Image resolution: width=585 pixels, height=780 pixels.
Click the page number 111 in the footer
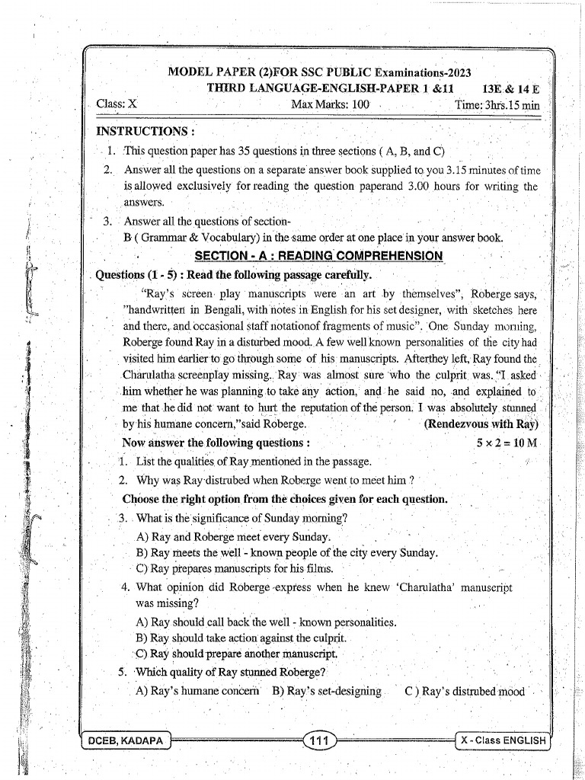[318, 740]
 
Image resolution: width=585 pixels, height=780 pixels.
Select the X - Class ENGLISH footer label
[503, 740]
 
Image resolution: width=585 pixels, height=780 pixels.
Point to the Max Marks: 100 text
[330, 104]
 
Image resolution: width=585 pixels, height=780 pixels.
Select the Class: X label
[117, 104]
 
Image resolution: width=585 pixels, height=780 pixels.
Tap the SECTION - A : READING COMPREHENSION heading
[318, 256]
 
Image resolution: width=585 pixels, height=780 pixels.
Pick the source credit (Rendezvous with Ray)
[481, 424]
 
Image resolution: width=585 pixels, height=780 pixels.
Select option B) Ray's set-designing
[326, 692]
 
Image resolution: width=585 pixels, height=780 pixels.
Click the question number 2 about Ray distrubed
[123, 481]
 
